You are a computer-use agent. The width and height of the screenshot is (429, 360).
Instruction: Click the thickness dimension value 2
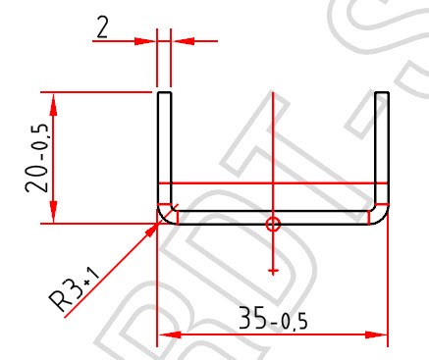[102, 27]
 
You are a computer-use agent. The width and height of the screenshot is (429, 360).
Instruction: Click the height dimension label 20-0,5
[37, 158]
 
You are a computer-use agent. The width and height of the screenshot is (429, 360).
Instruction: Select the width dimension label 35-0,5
[273, 319]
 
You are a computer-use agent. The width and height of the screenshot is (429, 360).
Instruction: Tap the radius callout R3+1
[75, 288]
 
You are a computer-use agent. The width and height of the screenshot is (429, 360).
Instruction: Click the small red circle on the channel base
[273, 225]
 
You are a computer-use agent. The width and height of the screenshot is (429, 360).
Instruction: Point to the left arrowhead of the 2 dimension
[145, 41]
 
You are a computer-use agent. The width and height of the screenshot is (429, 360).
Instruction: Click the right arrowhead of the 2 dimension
[184, 41]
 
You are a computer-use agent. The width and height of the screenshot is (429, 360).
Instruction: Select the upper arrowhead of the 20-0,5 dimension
[53, 104]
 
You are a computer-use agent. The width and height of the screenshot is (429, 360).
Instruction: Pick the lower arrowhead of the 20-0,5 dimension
[53, 212]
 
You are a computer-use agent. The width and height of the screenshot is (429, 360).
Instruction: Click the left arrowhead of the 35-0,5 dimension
[170, 334]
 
